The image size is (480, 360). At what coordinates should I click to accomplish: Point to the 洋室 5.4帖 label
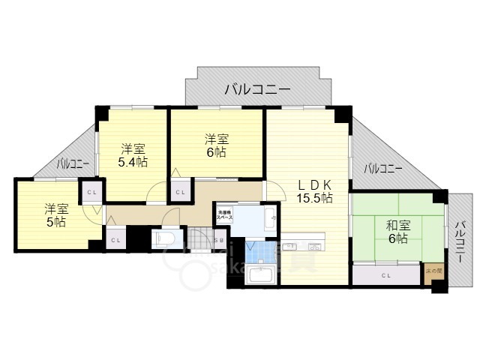coord(132,155)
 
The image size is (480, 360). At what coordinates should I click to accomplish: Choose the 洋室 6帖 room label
coord(217,145)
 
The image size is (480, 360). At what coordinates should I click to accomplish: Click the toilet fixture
coord(163,238)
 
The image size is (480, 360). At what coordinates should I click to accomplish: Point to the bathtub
coord(262,276)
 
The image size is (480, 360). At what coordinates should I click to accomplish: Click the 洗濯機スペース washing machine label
coord(224,214)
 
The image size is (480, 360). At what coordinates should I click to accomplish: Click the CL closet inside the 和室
coord(386,275)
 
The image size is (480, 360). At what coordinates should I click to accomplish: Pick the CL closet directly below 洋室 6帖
coord(181,192)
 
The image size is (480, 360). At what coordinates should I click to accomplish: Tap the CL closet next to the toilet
coord(115,240)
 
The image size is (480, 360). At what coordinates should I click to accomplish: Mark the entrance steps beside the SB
coord(198,240)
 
